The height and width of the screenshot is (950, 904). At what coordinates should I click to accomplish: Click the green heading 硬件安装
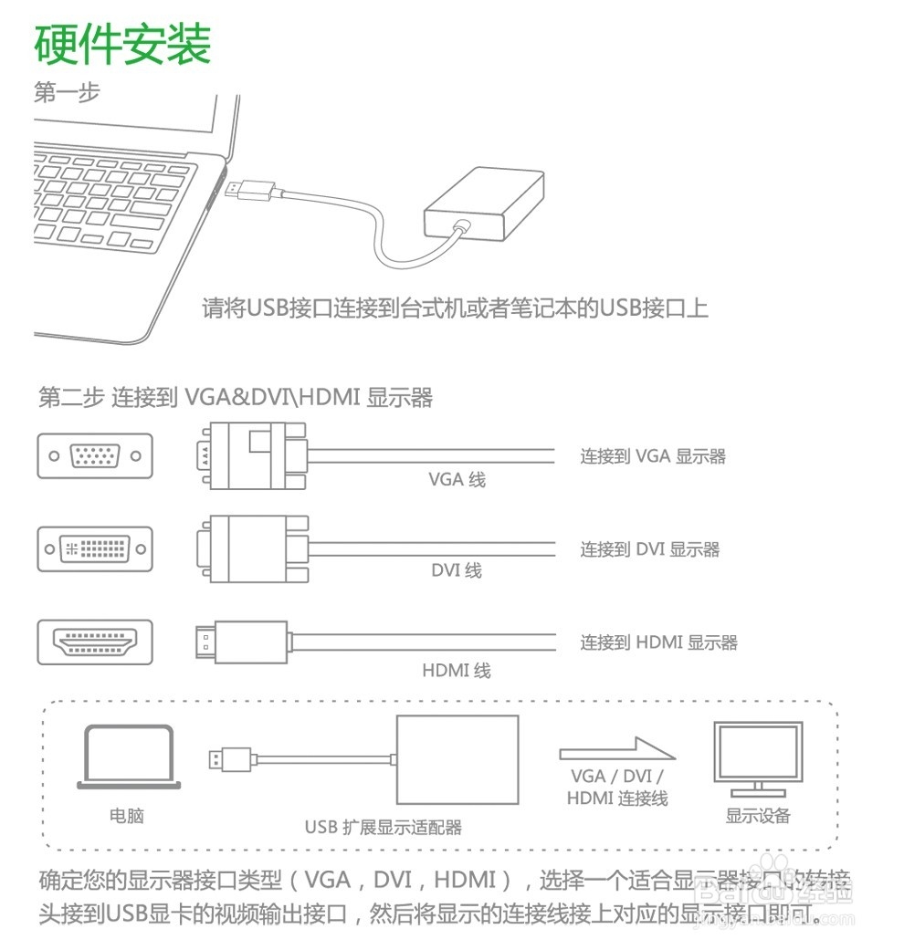[122, 44]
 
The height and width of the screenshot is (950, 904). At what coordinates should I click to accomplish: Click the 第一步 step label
[67, 92]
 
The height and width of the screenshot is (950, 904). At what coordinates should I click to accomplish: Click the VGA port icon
[95, 455]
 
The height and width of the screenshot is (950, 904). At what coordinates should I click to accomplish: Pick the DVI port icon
[95, 548]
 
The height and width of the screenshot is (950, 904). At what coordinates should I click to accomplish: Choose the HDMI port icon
[95, 642]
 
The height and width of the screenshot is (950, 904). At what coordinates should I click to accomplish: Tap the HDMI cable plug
[241, 642]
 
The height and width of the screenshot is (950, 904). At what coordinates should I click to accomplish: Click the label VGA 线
[457, 479]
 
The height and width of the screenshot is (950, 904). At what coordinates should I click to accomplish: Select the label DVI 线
[457, 571]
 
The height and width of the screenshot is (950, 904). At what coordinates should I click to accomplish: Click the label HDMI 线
[457, 671]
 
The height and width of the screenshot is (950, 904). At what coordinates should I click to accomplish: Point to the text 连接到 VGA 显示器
[653, 456]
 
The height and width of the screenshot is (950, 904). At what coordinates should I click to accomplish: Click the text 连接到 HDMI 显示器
[658, 642]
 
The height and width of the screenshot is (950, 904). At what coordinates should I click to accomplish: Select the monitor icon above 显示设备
[758, 757]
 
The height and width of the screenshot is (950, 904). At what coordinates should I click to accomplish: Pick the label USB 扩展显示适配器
[384, 828]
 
